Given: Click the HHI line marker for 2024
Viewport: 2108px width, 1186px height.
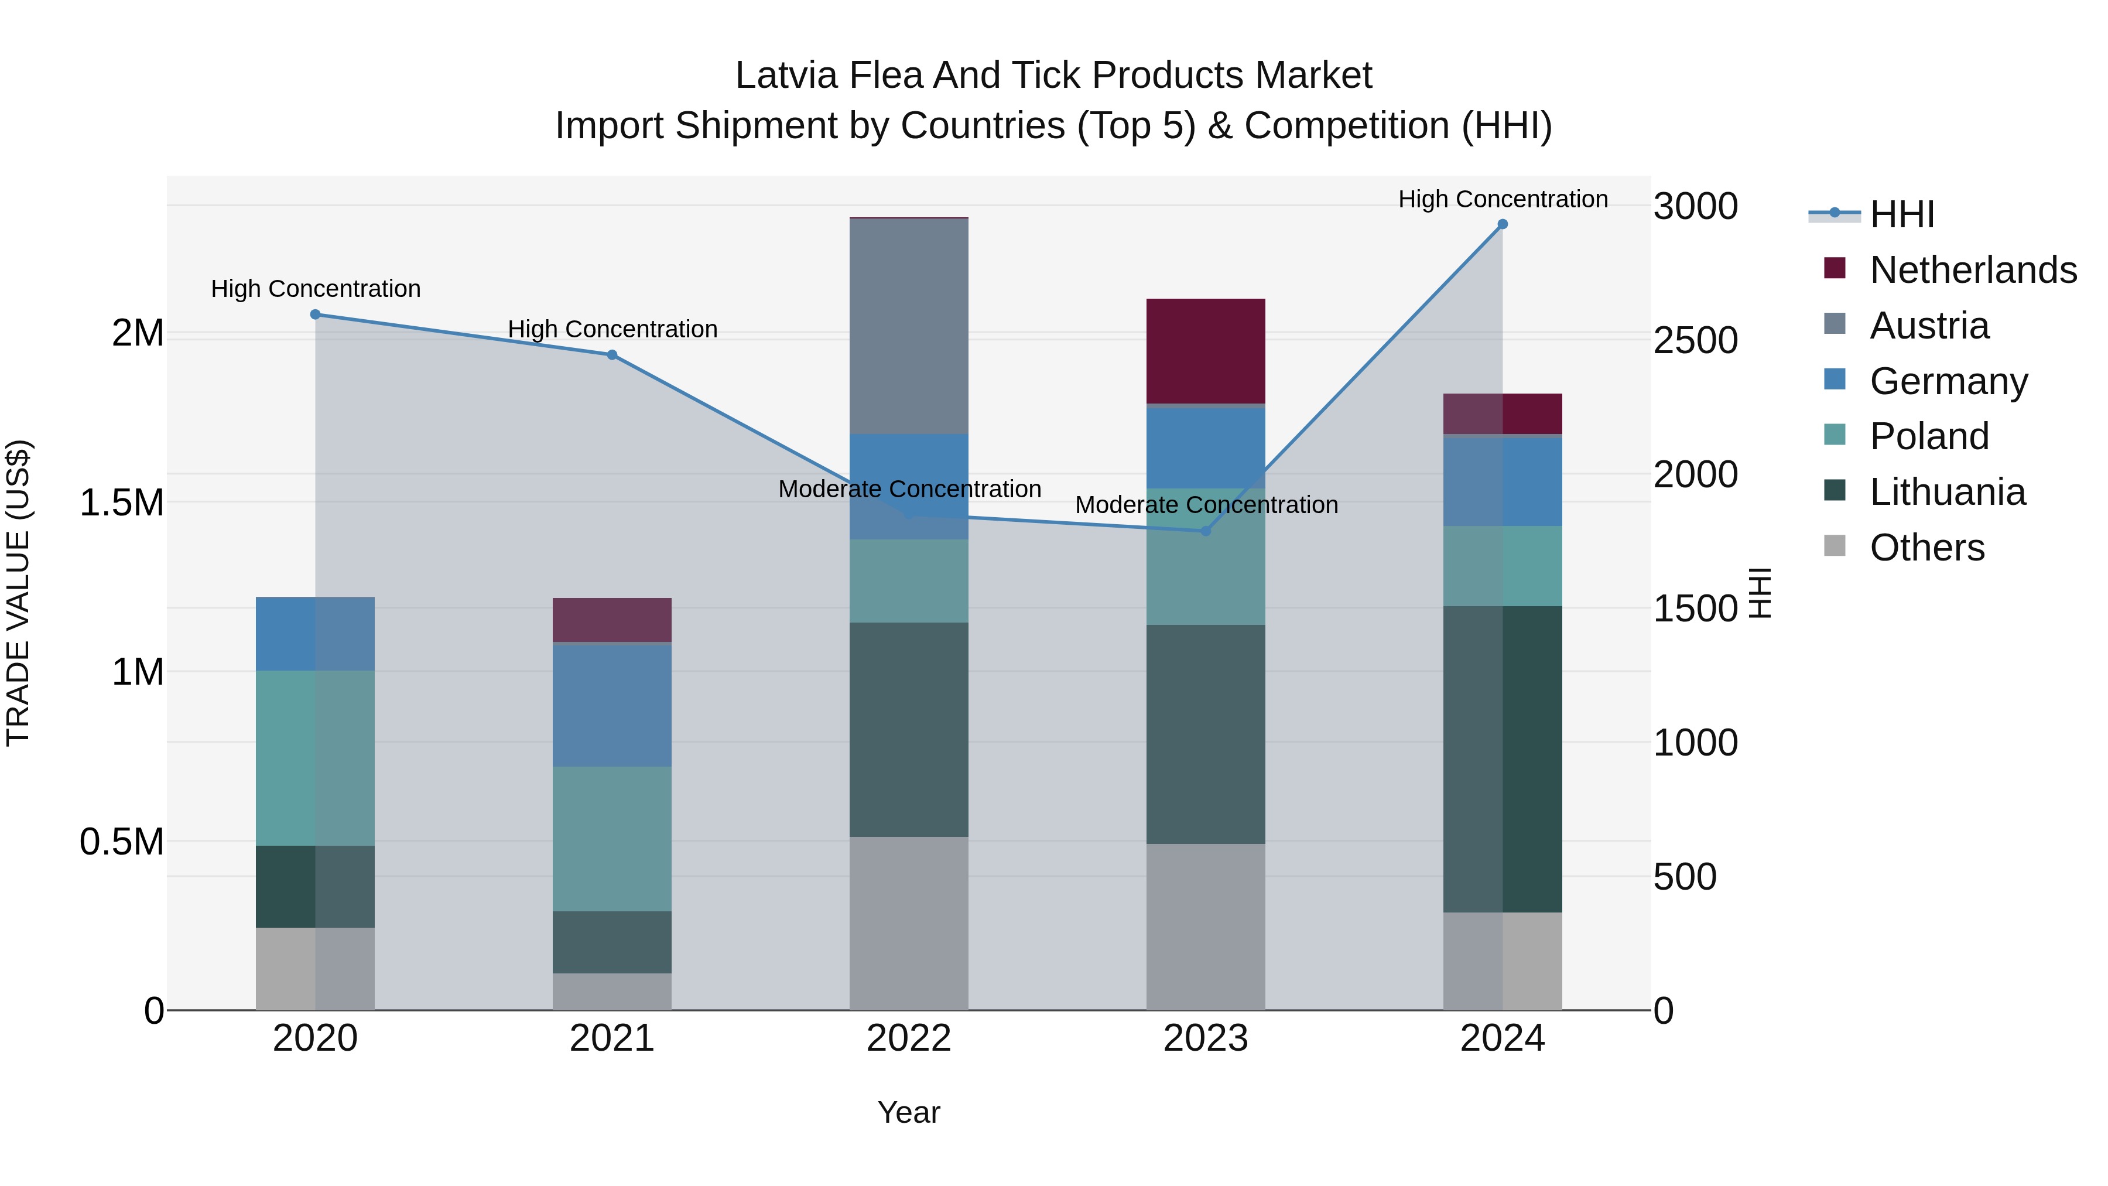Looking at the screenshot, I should tap(1503, 224).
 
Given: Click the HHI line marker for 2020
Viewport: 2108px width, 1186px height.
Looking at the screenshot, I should tap(315, 315).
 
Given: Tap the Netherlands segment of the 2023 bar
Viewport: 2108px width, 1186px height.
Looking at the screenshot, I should tap(1206, 350).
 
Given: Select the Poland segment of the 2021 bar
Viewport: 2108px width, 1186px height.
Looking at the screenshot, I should tap(612, 838).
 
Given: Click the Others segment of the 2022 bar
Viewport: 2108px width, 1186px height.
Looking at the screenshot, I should tap(908, 922).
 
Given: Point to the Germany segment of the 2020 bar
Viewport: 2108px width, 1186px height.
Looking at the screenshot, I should tap(315, 634).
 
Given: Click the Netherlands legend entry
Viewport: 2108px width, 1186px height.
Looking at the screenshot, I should tap(1972, 270).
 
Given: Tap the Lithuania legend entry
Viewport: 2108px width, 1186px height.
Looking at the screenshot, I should tap(1947, 492).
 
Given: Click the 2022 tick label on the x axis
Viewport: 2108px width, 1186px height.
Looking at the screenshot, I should tap(908, 1038).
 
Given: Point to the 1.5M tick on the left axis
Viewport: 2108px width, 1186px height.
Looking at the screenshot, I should tap(122, 503).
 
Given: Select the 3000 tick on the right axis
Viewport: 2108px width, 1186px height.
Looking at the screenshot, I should tap(1695, 206).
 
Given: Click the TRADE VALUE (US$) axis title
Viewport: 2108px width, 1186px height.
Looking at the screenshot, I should tap(18, 593).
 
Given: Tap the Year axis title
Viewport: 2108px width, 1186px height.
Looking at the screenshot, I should tap(908, 1112).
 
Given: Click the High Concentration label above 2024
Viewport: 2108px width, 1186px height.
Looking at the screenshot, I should tap(1503, 199).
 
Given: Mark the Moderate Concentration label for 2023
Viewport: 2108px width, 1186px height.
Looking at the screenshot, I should tap(1206, 505).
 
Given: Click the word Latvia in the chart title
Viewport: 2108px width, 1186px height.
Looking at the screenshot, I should tap(786, 76).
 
